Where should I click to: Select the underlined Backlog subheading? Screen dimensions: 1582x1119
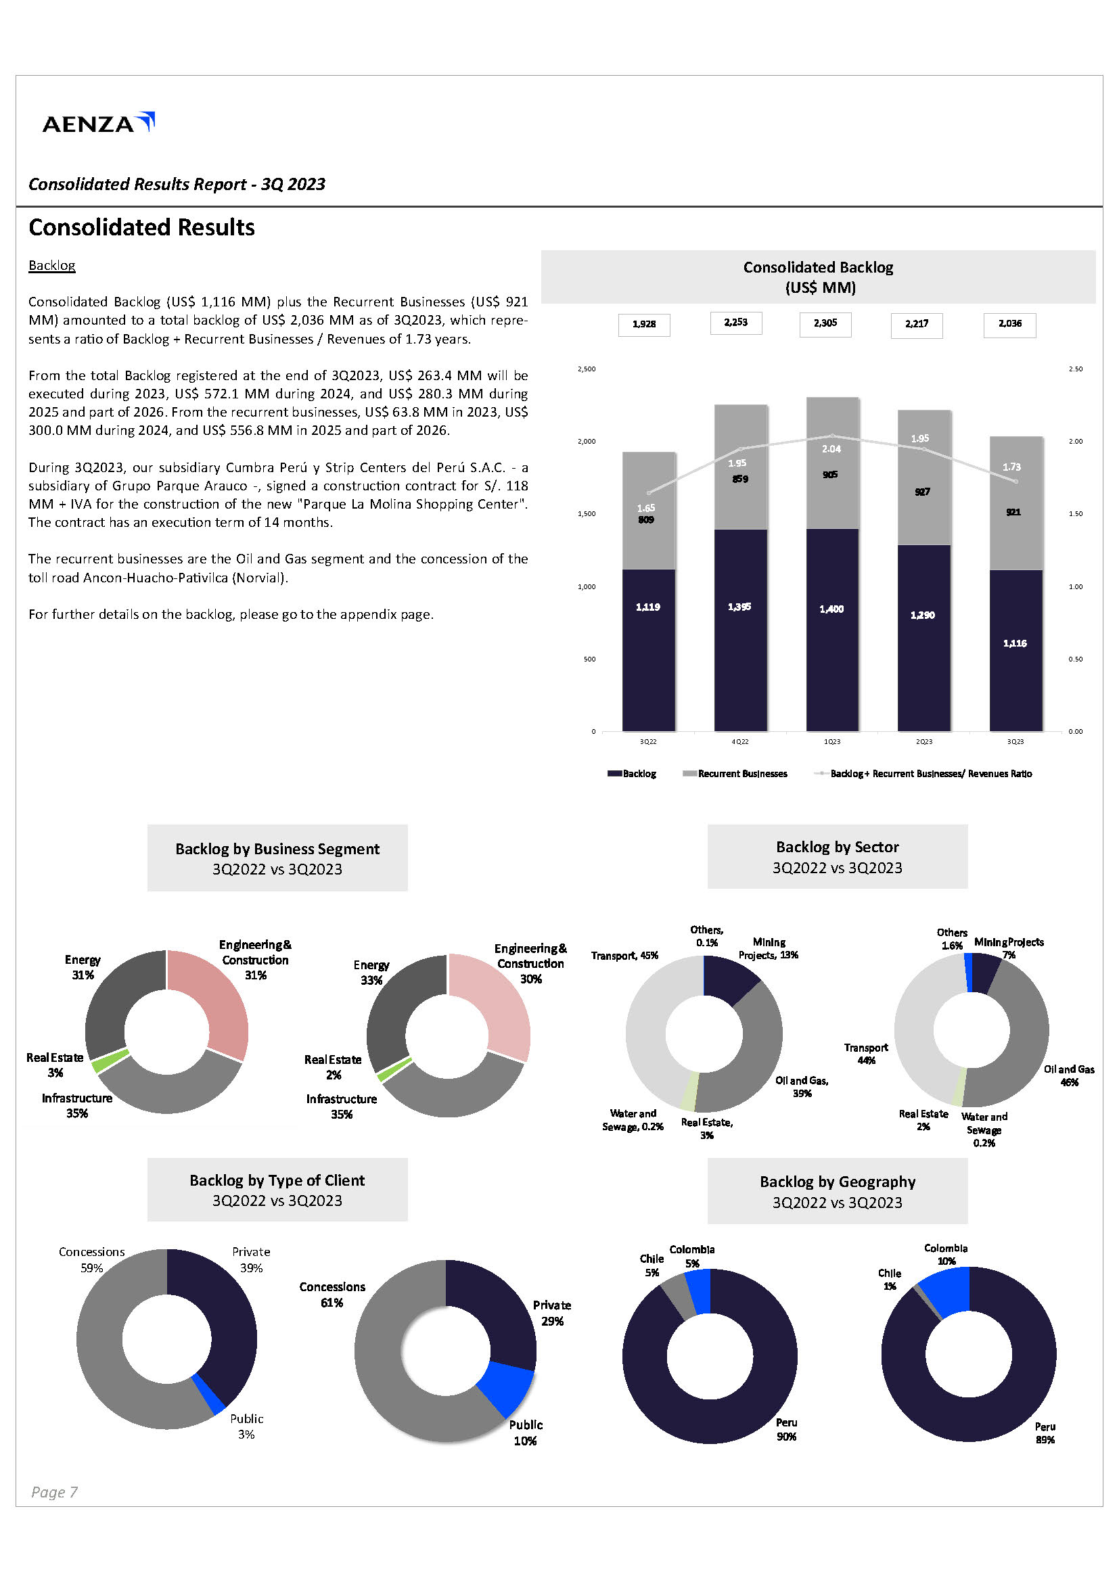(x=51, y=265)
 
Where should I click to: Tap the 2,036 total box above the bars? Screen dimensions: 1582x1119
(x=1009, y=324)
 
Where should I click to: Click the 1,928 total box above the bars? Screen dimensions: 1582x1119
(x=643, y=325)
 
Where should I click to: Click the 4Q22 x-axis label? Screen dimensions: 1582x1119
(x=739, y=741)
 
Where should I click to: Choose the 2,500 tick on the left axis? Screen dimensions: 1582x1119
(x=587, y=369)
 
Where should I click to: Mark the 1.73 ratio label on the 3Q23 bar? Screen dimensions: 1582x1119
(x=1011, y=467)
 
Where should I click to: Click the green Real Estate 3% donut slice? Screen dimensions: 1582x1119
(x=110, y=1061)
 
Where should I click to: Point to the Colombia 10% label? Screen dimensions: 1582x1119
(x=945, y=1254)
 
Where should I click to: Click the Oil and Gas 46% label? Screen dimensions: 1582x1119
(x=1068, y=1075)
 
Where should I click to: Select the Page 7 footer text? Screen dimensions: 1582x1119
(x=53, y=1492)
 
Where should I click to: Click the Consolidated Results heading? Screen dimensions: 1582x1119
(x=141, y=227)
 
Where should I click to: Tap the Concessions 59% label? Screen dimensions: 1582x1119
(x=91, y=1259)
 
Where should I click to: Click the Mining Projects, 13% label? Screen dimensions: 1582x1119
(x=768, y=948)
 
